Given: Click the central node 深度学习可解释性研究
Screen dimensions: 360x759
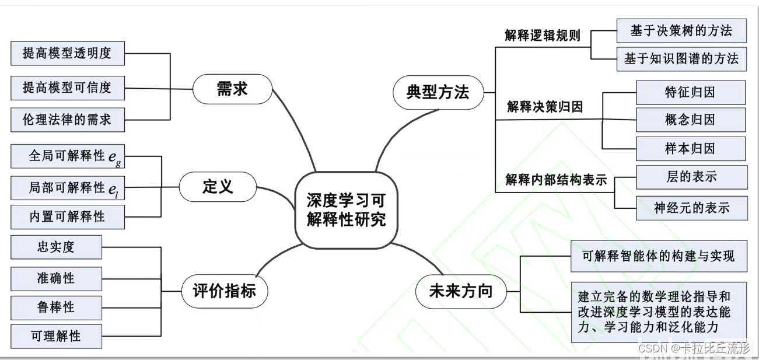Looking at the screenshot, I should (x=346, y=209).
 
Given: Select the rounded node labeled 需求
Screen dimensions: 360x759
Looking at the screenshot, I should (x=232, y=89).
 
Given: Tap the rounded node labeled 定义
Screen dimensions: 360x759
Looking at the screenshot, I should (x=218, y=187).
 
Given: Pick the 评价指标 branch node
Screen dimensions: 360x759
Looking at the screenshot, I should (x=224, y=291).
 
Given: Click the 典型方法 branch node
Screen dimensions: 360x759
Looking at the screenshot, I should (x=438, y=92).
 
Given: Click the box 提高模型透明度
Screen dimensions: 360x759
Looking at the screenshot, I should (x=67, y=54).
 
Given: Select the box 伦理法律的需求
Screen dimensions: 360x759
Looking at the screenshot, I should (x=67, y=120).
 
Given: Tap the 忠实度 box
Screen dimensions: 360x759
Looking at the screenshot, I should (x=56, y=247).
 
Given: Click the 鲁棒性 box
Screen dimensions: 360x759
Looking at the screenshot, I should (x=56, y=307).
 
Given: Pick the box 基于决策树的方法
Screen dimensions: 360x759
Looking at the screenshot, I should (x=681, y=30).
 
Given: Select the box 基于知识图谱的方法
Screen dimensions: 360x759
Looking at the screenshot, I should (x=681, y=58).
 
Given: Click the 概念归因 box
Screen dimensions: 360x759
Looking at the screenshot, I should (x=690, y=120).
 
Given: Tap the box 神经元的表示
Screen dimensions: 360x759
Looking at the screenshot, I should (x=691, y=208).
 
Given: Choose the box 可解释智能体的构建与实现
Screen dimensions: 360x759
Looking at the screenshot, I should (x=658, y=256).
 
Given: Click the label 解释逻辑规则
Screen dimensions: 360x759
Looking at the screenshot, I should (x=543, y=36).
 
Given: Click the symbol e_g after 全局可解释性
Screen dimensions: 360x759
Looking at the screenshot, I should (x=114, y=156).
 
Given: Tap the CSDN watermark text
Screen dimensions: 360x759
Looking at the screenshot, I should (x=694, y=348).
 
